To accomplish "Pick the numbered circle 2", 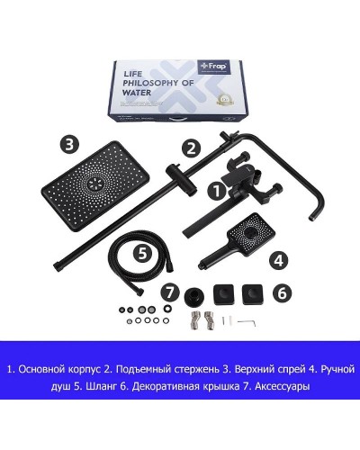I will click(190, 148).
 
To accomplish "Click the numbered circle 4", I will click(279, 260).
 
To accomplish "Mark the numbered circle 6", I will click(280, 292).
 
